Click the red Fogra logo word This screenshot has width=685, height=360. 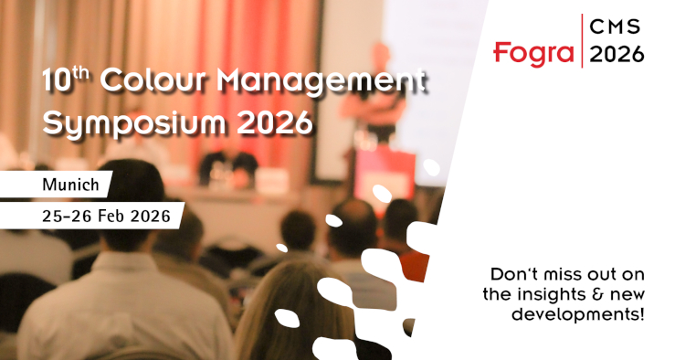(x=532, y=52)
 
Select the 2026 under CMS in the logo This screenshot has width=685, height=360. (x=616, y=55)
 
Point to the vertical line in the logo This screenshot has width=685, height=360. (x=580, y=41)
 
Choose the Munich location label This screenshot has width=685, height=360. (x=70, y=185)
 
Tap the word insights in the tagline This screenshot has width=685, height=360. (x=543, y=294)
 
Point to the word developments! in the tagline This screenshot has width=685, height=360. (x=592, y=314)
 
